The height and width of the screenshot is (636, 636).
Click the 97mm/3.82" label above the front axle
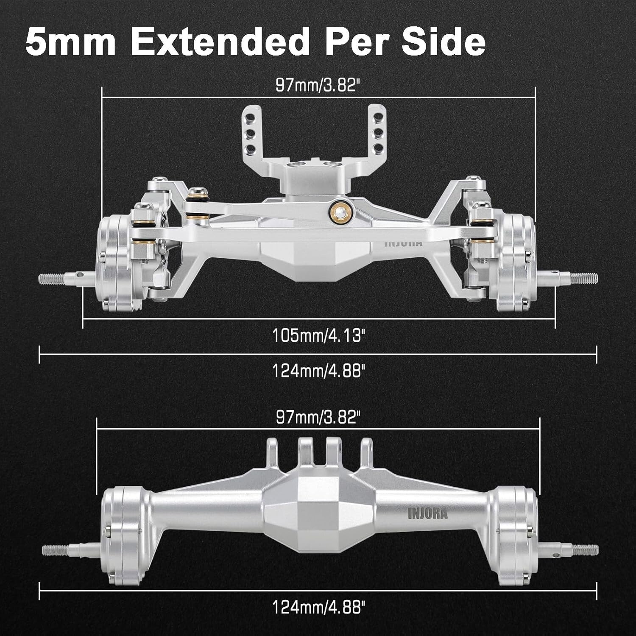tap(318, 85)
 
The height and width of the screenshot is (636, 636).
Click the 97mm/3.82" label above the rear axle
tap(318, 417)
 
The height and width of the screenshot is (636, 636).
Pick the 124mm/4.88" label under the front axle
tap(318, 371)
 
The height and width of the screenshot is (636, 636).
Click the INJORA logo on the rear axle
tap(427, 514)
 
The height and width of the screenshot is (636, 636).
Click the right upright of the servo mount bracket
tap(377, 129)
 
